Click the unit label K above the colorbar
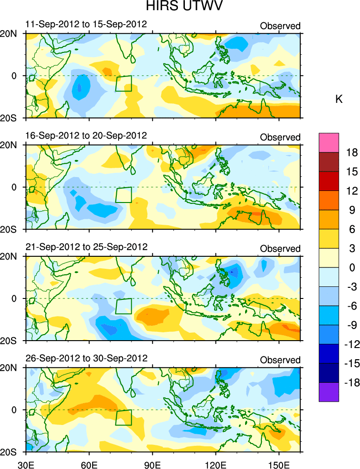coord(339,99)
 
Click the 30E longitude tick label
coord(25,463)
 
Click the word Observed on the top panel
coord(280,26)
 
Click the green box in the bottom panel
coord(124,417)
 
